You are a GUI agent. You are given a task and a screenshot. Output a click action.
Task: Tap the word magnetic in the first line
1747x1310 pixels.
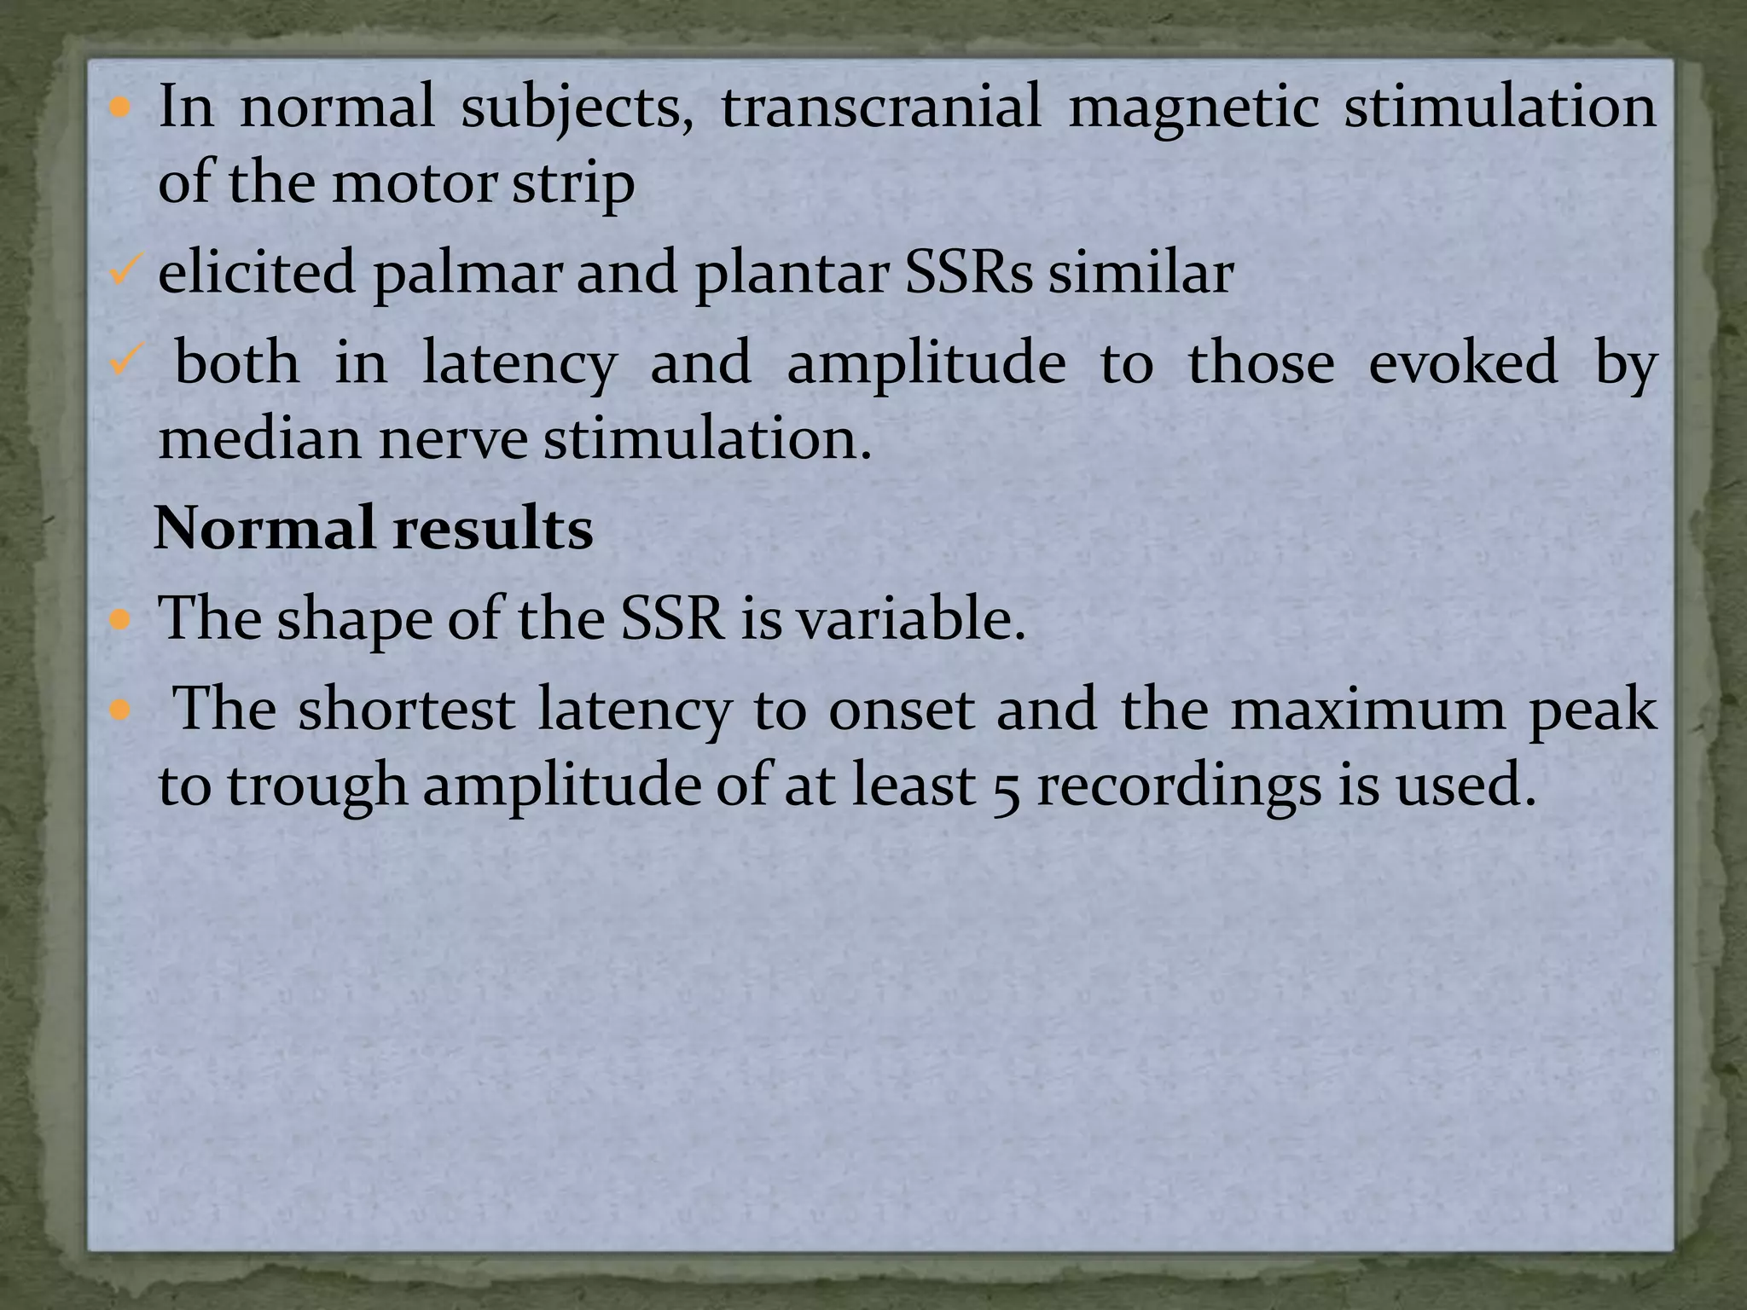1193,108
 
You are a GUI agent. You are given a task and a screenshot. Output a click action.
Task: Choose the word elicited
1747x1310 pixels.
256,273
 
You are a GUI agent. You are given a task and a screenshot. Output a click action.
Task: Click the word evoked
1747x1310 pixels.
1462,362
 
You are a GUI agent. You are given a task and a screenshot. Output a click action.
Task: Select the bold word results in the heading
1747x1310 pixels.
493,528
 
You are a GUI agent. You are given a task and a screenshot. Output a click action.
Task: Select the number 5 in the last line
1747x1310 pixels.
1006,786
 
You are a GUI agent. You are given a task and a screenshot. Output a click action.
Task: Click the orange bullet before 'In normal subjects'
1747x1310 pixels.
120,108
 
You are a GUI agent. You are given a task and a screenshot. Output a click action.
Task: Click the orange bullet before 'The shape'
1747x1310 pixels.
120,619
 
